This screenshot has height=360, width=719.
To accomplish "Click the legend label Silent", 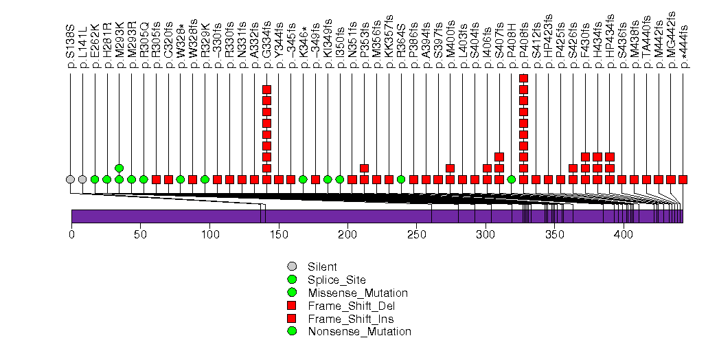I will click(322, 267).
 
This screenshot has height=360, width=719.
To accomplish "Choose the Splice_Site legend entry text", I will click(336, 280).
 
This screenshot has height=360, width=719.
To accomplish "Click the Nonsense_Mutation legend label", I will click(359, 332).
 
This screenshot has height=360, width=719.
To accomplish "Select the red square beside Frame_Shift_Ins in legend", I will click(292, 319).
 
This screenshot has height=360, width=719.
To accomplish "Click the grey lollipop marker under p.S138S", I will click(70, 179).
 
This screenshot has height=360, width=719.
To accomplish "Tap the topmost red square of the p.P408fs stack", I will click(523, 78).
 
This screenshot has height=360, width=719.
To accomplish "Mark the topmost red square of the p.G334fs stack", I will click(266, 89).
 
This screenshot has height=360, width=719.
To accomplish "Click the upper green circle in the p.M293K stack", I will click(119, 168).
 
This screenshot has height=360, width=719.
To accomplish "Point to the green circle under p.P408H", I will click(511, 179).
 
